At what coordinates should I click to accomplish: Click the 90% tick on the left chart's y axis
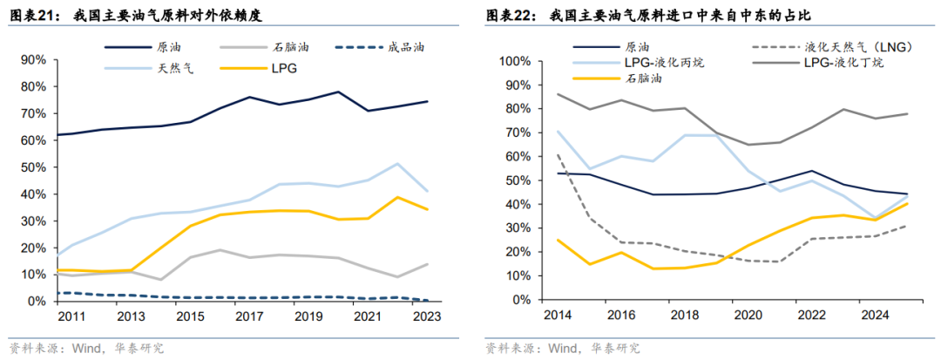pos(32,60)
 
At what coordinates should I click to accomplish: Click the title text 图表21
pos(28,17)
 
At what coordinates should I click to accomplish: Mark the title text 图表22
pos(510,17)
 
